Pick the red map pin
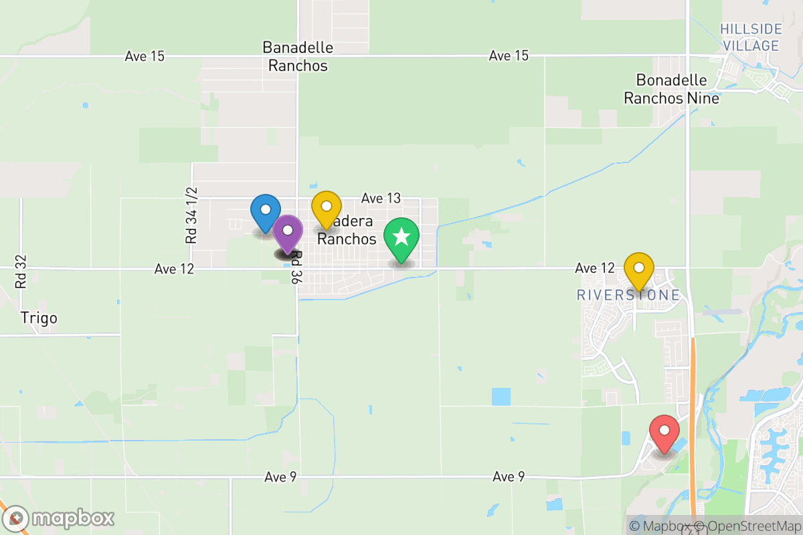[x=664, y=433]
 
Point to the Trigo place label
[x=39, y=318]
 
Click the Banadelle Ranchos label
[x=298, y=57]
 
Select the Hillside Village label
[x=750, y=37]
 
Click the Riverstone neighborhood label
[x=628, y=295]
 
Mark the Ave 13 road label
[x=381, y=198]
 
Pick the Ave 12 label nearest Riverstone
[x=594, y=268]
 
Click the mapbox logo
[x=60, y=518]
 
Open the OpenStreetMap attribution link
[x=747, y=526]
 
